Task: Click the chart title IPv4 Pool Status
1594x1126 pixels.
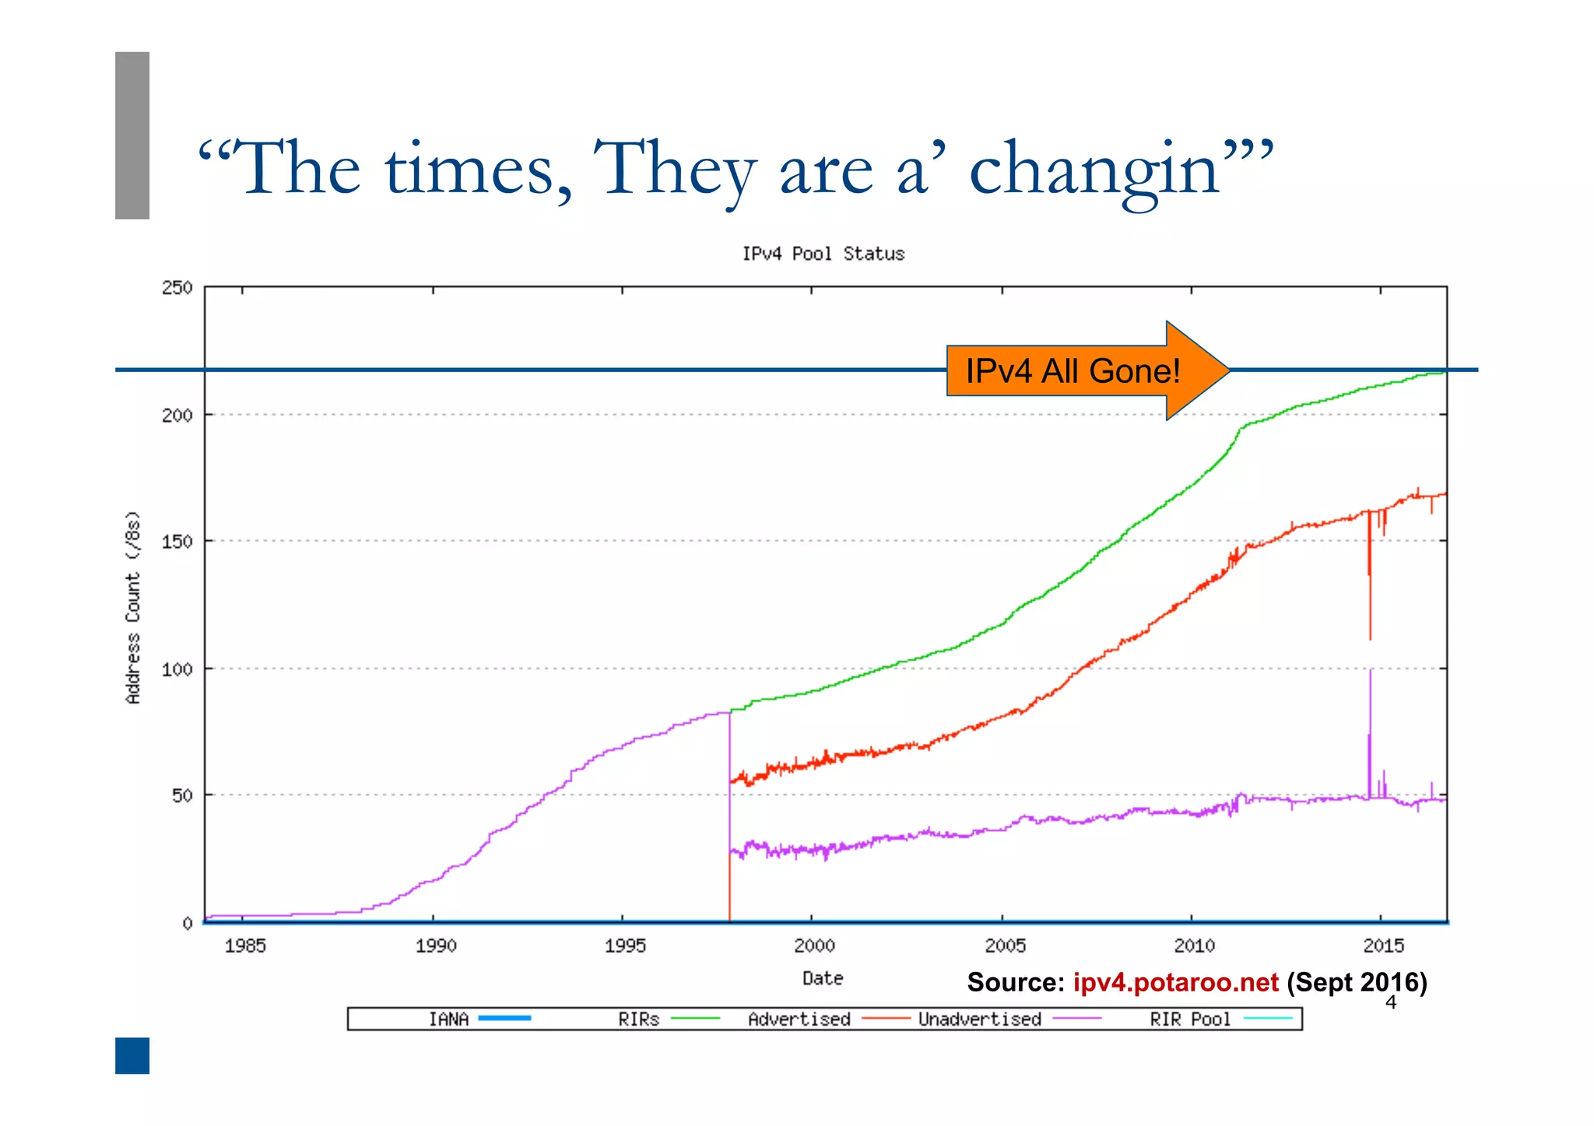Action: coord(823,254)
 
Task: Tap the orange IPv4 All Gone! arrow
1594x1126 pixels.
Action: coord(1082,370)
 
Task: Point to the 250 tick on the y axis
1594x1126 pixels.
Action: coord(177,288)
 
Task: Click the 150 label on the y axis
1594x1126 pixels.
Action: coord(177,542)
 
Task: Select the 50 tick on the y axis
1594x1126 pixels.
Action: coord(182,795)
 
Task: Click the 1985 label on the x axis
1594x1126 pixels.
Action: coord(244,945)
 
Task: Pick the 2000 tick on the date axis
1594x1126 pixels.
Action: coord(813,945)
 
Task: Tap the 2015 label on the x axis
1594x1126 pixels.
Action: coord(1383,945)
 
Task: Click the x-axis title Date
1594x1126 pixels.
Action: coord(823,978)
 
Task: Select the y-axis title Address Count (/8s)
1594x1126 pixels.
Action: coord(133,607)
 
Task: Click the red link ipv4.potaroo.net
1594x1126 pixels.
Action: coord(1175,983)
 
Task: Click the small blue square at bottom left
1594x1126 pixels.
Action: coord(132,1055)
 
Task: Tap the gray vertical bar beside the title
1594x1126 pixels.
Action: coord(132,135)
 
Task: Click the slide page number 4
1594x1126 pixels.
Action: coord(1391,1003)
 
